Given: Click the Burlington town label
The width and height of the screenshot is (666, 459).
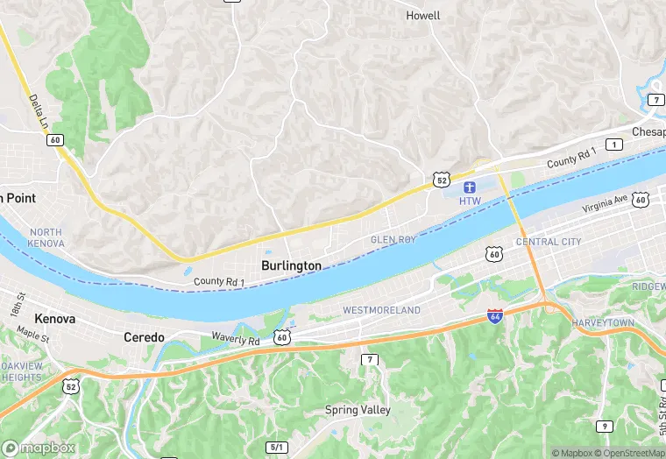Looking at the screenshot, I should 291,265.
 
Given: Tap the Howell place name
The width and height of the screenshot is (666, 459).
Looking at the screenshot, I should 423,16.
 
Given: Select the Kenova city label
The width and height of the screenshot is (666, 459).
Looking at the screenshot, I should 54,319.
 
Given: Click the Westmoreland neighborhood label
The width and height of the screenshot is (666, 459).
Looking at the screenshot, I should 381,311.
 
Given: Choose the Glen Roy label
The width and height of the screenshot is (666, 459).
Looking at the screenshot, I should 393,240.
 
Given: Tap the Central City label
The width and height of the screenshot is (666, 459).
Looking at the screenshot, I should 548,242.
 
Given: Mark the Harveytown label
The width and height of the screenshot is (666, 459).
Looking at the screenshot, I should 602,323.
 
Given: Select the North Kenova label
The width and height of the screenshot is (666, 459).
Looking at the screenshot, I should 46,237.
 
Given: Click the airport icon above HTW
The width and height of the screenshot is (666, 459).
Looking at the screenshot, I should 470,187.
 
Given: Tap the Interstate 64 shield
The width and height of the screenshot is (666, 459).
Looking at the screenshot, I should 495,316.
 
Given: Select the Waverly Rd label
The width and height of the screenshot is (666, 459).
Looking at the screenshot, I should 236,339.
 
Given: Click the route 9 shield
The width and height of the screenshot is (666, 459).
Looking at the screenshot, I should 604,426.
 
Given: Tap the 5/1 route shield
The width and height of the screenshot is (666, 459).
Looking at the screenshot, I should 277,447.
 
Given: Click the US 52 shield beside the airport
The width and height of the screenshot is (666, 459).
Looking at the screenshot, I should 442,180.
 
